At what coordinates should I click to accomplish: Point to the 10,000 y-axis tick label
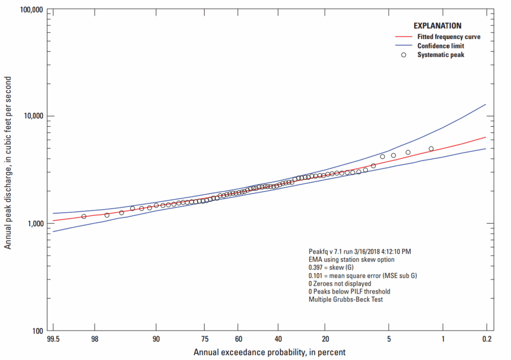(31, 116)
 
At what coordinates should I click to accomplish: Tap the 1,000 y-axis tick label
(33, 223)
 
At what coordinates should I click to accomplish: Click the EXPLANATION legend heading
(437, 26)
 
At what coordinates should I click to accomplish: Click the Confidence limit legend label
(441, 46)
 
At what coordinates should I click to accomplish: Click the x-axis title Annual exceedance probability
(269, 353)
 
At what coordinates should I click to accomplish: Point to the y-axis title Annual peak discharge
(8, 170)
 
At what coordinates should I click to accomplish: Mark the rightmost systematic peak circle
(431, 148)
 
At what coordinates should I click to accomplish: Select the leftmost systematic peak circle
(84, 216)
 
